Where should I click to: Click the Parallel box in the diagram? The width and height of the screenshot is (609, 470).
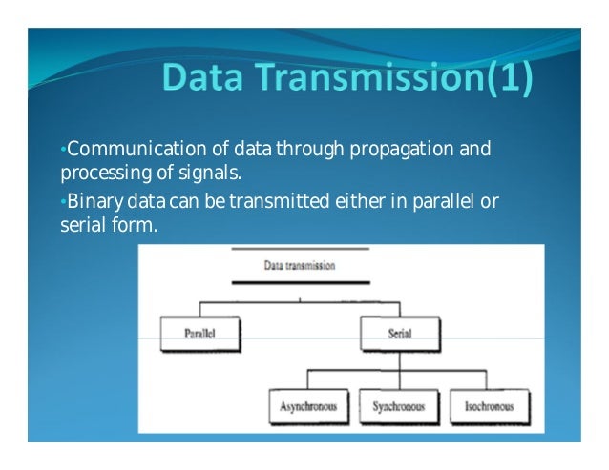[x=200, y=336]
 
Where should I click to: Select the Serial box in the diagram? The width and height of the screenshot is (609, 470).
[x=399, y=336]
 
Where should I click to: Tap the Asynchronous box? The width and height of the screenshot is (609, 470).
[x=307, y=406]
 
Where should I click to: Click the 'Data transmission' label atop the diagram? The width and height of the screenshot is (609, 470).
[x=299, y=266]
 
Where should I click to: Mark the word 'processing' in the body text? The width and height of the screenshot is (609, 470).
[x=92, y=174]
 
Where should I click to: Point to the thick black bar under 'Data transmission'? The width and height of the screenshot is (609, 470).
[x=299, y=282]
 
